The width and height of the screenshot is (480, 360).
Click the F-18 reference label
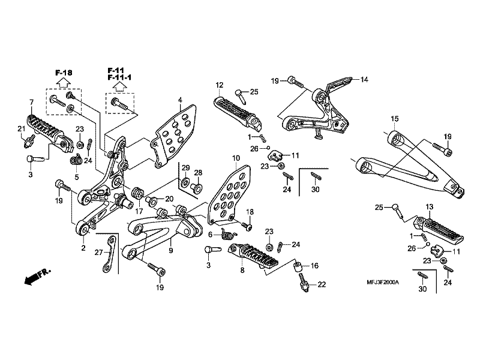coord(63,73)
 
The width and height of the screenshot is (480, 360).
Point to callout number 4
coord(179,100)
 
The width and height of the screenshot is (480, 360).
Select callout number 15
coord(394,118)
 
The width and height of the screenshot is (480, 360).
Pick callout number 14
coord(364,79)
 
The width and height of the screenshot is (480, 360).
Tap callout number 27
coord(98,253)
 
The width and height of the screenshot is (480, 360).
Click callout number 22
coord(322,284)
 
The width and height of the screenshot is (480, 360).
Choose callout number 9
coord(171,250)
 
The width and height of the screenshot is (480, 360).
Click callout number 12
coord(220,85)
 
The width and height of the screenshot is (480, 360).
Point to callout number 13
coord(429,207)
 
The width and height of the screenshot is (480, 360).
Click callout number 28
coord(198,173)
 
